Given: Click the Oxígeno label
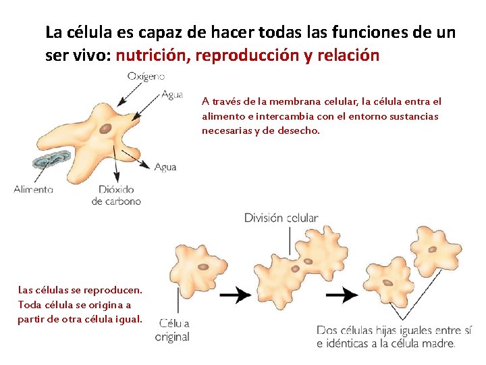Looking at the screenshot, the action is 146,77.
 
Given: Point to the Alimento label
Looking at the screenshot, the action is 33,189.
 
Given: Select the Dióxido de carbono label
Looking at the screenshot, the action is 116,195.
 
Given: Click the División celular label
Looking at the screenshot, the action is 281,218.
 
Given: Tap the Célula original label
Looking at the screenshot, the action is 172,330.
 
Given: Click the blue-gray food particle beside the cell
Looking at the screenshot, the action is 51,160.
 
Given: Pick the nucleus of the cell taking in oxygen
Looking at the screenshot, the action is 105,128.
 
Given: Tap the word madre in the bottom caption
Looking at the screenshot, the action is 440,343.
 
